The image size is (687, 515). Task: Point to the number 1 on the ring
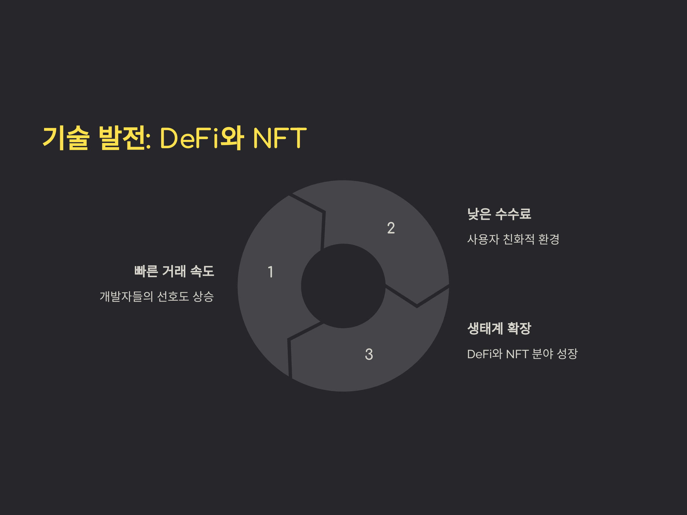point(271,272)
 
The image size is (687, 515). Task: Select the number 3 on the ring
point(369,354)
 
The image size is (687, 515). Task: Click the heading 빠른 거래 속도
point(174,271)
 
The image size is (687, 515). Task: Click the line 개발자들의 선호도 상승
point(157,296)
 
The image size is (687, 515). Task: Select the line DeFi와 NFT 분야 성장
point(522,354)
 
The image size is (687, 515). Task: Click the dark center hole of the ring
point(343,286)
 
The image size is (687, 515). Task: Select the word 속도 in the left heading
point(202,271)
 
